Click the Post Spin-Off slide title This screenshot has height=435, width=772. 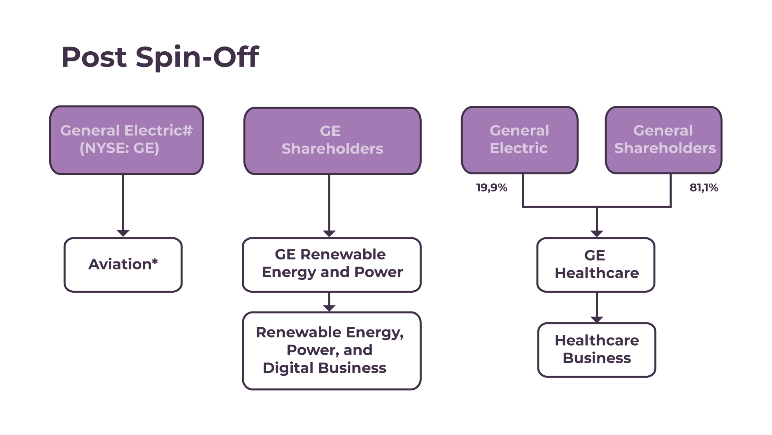pyautogui.click(x=160, y=57)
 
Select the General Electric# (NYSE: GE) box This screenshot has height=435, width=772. pyautogui.click(x=126, y=140)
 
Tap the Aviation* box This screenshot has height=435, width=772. pyautogui.click(x=123, y=265)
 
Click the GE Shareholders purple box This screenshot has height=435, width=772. pyautogui.click(x=332, y=140)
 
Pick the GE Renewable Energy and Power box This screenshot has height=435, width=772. pyautogui.click(x=332, y=264)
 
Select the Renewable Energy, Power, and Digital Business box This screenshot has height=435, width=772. pyautogui.click(x=332, y=350)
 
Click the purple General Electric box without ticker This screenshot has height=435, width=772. pyautogui.click(x=519, y=140)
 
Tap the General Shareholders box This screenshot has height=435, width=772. pyautogui.click(x=663, y=140)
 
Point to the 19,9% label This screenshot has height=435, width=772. pyautogui.click(x=491, y=188)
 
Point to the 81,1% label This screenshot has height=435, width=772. pyautogui.click(x=704, y=188)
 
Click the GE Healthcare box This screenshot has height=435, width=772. pyautogui.click(x=596, y=265)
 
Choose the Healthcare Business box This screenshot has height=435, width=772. pyautogui.click(x=597, y=350)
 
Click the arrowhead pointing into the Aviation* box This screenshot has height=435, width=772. pyautogui.click(x=123, y=233)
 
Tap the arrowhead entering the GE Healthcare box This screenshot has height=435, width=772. pyautogui.click(x=597, y=233)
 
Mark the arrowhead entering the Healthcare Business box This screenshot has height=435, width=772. pyautogui.click(x=597, y=320)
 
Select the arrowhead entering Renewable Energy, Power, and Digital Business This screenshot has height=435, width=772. pyautogui.click(x=329, y=308)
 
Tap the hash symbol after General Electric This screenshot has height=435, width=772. pyautogui.click(x=188, y=131)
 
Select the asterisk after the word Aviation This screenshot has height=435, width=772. pyautogui.click(x=155, y=262)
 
